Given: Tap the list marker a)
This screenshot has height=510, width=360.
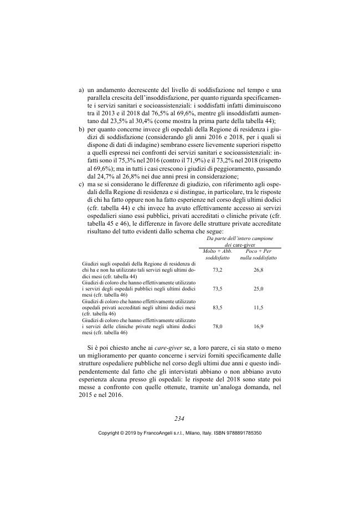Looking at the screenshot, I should pyautogui.click(x=82, y=89).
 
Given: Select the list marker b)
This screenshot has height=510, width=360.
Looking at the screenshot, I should pyautogui.click(x=82, y=129).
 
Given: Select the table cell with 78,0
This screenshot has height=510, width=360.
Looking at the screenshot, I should pyautogui.click(x=217, y=327).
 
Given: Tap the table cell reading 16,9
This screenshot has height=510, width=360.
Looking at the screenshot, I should pyautogui.click(x=258, y=327).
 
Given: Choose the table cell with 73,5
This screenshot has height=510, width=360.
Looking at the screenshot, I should pyautogui.click(x=217, y=289).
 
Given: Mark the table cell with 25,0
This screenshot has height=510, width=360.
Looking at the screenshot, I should pyautogui.click(x=258, y=289).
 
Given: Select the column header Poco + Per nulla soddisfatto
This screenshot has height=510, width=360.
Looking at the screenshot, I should pyautogui.click(x=258, y=254).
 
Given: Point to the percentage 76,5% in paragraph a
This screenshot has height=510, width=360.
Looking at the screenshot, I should pyautogui.click(x=142, y=113).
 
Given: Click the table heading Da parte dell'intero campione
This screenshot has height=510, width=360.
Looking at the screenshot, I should pyautogui.click(x=239, y=238).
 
